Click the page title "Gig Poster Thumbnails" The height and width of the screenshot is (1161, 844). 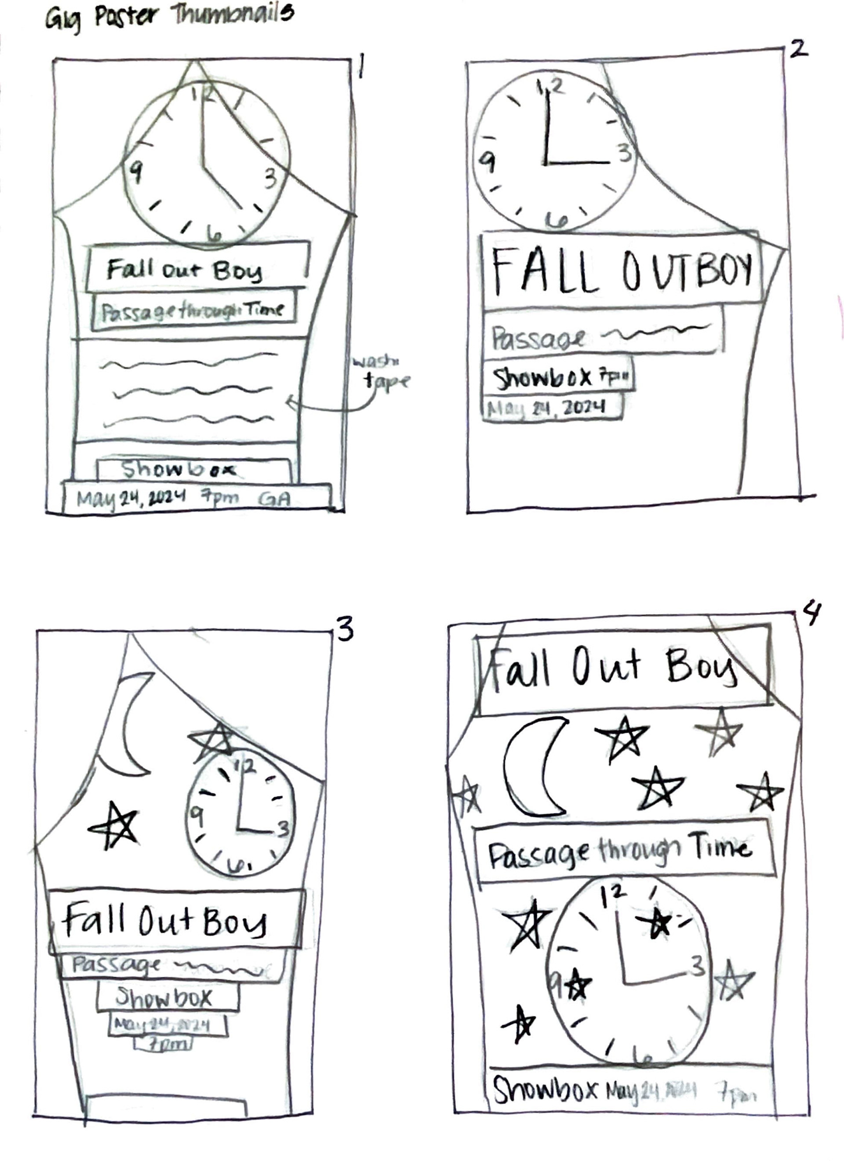[169, 18]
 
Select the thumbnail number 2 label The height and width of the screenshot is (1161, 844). [798, 50]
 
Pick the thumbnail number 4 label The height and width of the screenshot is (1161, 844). [812, 614]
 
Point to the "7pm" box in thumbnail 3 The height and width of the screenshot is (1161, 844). [163, 1045]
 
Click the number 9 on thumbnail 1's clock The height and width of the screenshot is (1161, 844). [136, 172]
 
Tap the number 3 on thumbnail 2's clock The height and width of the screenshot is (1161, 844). [624, 153]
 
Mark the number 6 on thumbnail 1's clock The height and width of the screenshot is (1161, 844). [215, 234]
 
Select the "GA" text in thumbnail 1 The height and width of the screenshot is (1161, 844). [275, 499]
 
